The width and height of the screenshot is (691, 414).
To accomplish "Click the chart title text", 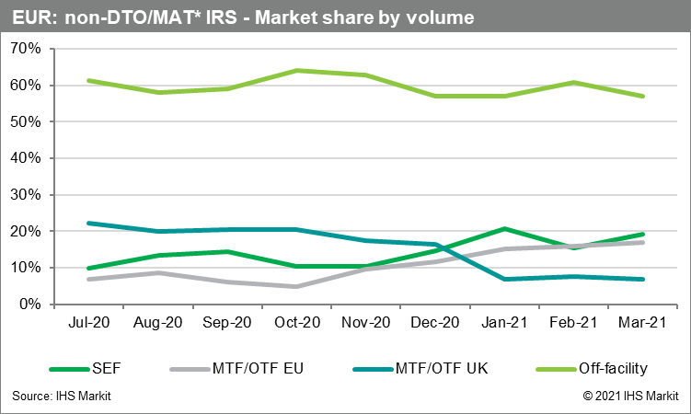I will coord(244,17).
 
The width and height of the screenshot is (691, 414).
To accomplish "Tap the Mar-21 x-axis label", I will coord(643,324).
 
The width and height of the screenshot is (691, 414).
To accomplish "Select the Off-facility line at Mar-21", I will coord(643,97).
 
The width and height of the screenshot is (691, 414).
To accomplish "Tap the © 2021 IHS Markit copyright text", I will coord(628,396).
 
